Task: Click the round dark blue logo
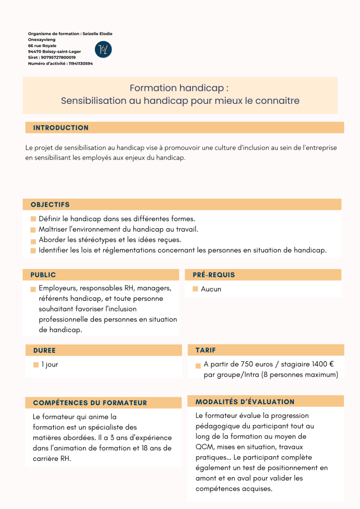103,49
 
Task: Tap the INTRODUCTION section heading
61,128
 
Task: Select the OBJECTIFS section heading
50,204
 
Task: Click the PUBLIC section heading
43,275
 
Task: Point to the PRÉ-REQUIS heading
214,275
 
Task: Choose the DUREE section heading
44,350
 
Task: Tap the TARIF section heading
206,350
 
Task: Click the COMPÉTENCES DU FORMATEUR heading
90,403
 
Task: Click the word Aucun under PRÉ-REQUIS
211,289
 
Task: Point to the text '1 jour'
50,364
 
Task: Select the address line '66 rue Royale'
42,45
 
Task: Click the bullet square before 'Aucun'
195,289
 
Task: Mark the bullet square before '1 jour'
36,365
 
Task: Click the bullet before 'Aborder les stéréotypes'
33,240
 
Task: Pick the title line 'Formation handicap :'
179,88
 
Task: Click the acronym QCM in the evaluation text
204,447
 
